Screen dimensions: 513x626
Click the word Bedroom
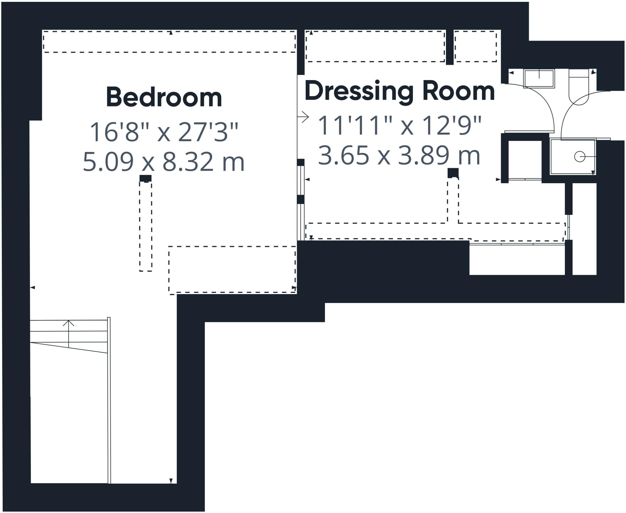tap(164, 97)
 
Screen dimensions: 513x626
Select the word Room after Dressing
tap(458, 91)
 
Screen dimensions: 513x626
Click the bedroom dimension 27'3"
tap(208, 132)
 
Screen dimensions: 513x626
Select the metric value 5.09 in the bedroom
tap(108, 162)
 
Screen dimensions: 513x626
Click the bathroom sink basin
tap(539, 79)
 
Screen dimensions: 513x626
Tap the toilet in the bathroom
tap(579, 92)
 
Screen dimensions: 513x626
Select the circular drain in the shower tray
tap(580, 157)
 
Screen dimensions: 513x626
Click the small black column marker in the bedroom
tap(145, 178)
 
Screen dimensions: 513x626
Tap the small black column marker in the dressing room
tap(453, 173)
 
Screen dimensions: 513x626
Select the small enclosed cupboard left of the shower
tap(525, 159)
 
